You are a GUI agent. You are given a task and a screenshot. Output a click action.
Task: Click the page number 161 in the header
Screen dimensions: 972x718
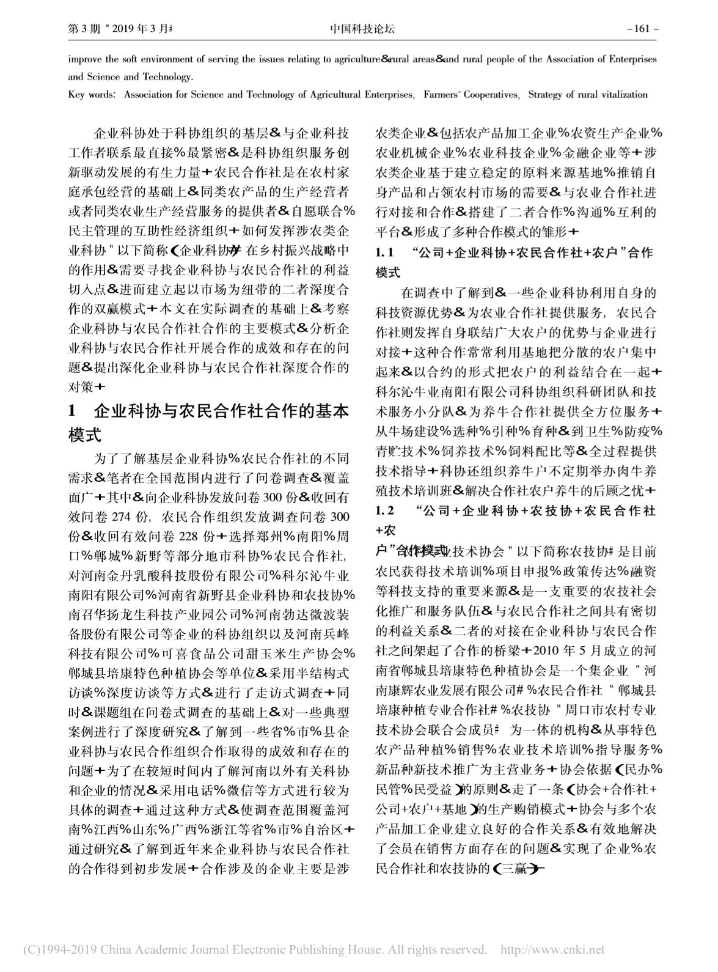pyautogui.click(x=646, y=28)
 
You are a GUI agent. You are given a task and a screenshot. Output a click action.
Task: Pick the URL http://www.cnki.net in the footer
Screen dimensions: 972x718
pyautogui.click(x=552, y=949)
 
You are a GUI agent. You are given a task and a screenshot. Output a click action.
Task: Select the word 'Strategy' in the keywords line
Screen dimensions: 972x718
pyautogui.click(x=545, y=95)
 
